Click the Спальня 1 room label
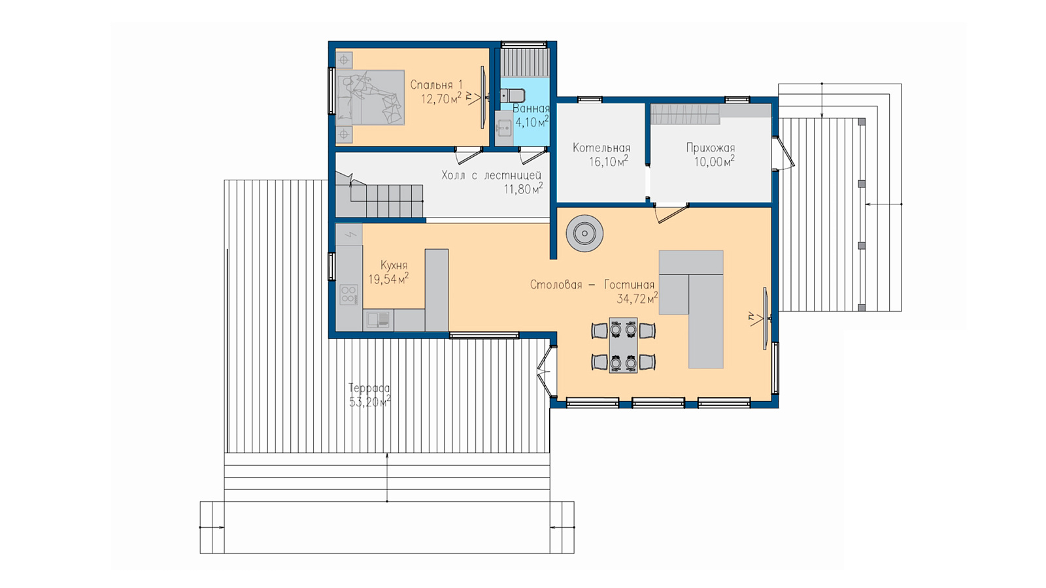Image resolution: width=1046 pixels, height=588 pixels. point(436,85)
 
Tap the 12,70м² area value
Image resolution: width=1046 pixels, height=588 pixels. point(441,99)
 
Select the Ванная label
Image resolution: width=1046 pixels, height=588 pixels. point(531,108)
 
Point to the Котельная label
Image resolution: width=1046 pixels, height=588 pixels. point(601,148)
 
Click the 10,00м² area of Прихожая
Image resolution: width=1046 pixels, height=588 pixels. point(714,162)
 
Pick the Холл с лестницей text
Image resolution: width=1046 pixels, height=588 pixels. point(491,176)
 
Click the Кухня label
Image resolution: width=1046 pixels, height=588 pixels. point(394,265)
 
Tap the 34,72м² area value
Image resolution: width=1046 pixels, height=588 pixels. point(637,299)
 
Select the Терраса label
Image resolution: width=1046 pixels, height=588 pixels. point(369,388)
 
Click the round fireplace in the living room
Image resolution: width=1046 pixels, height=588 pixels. point(584,233)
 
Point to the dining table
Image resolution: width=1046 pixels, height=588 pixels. point(623,346)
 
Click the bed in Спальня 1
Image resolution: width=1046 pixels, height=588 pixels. point(370,97)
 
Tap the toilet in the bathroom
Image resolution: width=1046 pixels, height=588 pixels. point(512,95)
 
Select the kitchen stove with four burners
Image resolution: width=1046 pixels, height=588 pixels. point(349,295)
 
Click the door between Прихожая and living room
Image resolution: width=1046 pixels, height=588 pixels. point(671,213)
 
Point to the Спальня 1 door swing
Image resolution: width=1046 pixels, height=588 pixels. point(469,156)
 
